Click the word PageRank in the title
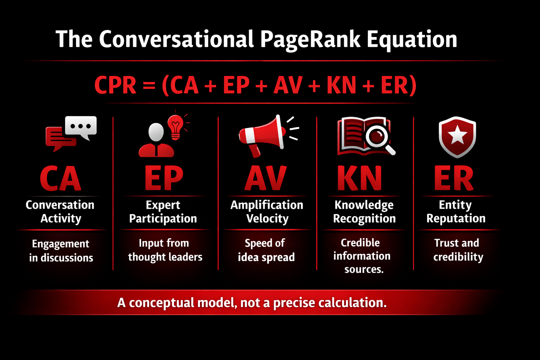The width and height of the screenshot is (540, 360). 310,39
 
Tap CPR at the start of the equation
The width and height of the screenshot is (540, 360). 115,85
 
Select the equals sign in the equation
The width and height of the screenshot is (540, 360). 149,85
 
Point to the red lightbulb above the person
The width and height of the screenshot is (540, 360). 175,127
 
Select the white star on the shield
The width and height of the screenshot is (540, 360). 457,136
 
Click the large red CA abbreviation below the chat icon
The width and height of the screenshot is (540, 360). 60,178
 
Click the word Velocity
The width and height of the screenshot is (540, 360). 267,219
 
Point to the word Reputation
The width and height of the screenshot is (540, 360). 456,218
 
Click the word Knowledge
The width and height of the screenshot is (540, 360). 364,205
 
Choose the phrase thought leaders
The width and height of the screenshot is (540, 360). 165,257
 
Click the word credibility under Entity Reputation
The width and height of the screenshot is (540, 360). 458,257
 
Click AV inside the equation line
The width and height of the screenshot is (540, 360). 288,85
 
